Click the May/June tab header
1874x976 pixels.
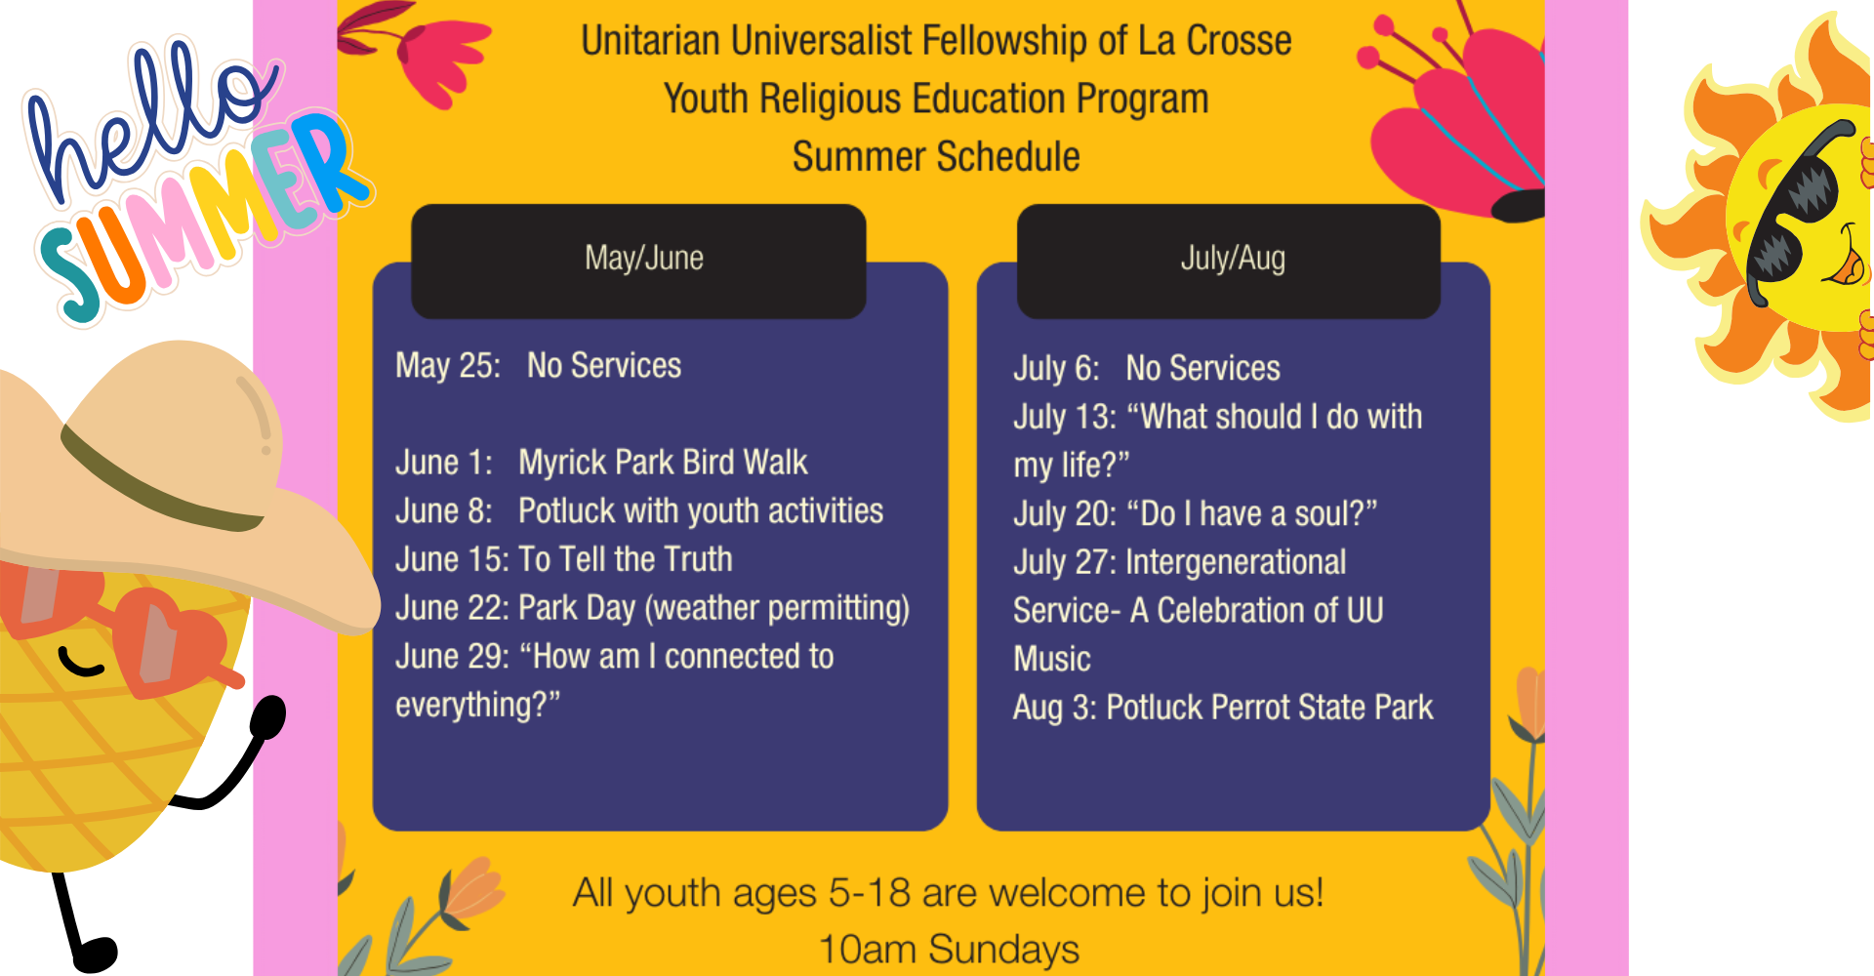(x=638, y=261)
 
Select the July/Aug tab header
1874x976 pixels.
(x=1229, y=261)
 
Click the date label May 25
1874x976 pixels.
(x=448, y=366)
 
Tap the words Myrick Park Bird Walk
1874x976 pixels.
(x=663, y=462)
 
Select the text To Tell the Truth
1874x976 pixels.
(x=625, y=559)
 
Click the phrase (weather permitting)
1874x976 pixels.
(x=777, y=609)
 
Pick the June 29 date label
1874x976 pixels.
(x=452, y=657)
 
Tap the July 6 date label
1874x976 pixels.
(x=1056, y=369)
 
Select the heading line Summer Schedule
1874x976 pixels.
(x=936, y=157)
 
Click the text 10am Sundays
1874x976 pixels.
(x=949, y=949)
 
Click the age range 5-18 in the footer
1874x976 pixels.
(x=870, y=893)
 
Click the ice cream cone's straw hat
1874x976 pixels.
(x=185, y=468)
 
